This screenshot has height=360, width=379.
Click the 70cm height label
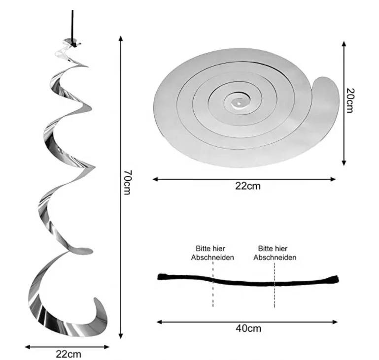(127, 182)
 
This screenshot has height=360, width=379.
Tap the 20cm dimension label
(350, 100)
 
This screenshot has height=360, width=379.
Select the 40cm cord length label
(248, 328)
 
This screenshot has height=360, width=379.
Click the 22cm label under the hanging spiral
(69, 354)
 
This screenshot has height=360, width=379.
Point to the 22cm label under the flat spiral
(248, 186)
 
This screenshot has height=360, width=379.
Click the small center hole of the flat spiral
(239, 103)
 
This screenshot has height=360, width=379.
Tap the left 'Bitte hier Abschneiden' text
(212, 253)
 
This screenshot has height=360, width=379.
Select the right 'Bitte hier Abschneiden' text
(275, 253)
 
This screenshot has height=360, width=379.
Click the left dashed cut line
(213, 284)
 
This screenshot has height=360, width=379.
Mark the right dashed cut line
(275, 285)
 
